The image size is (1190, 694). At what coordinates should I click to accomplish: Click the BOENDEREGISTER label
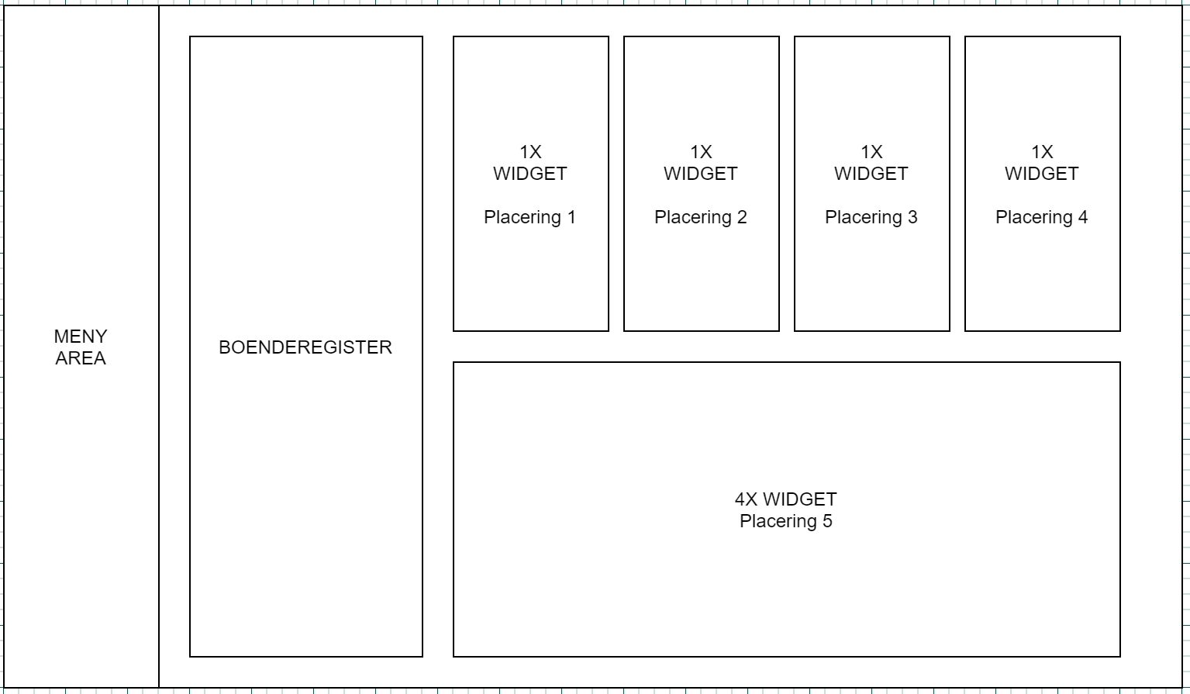pos(305,347)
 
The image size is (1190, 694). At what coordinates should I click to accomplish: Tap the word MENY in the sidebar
pos(81,337)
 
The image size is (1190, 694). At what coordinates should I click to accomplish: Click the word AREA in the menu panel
pos(81,358)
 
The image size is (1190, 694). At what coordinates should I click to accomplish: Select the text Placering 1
pos(530,217)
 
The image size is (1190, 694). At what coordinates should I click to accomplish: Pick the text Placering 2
pos(701,217)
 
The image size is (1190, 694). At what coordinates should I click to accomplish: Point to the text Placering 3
pos(871,217)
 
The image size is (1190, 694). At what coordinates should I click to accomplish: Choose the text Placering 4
pos(1042,217)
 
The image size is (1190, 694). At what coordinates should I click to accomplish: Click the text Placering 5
pos(786,521)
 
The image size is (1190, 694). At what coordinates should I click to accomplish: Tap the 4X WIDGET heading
pos(786,499)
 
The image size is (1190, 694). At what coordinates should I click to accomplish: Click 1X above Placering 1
pos(530,152)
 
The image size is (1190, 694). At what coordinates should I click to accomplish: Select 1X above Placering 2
pos(701,152)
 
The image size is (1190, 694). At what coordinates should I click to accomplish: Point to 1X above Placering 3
pos(871,152)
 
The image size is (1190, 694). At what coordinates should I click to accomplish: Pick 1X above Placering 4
pos(1042,152)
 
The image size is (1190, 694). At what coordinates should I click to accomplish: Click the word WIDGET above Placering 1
pos(530,174)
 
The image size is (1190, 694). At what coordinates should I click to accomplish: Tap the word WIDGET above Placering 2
pos(701,174)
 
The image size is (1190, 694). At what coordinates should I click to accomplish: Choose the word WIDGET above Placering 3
pos(871,174)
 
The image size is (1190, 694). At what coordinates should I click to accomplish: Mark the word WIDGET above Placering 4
pos(1042,174)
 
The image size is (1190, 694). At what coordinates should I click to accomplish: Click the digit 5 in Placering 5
pos(827,521)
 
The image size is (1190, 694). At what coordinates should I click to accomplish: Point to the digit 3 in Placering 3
pos(912,217)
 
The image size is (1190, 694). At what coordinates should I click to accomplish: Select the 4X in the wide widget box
pos(746,499)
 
